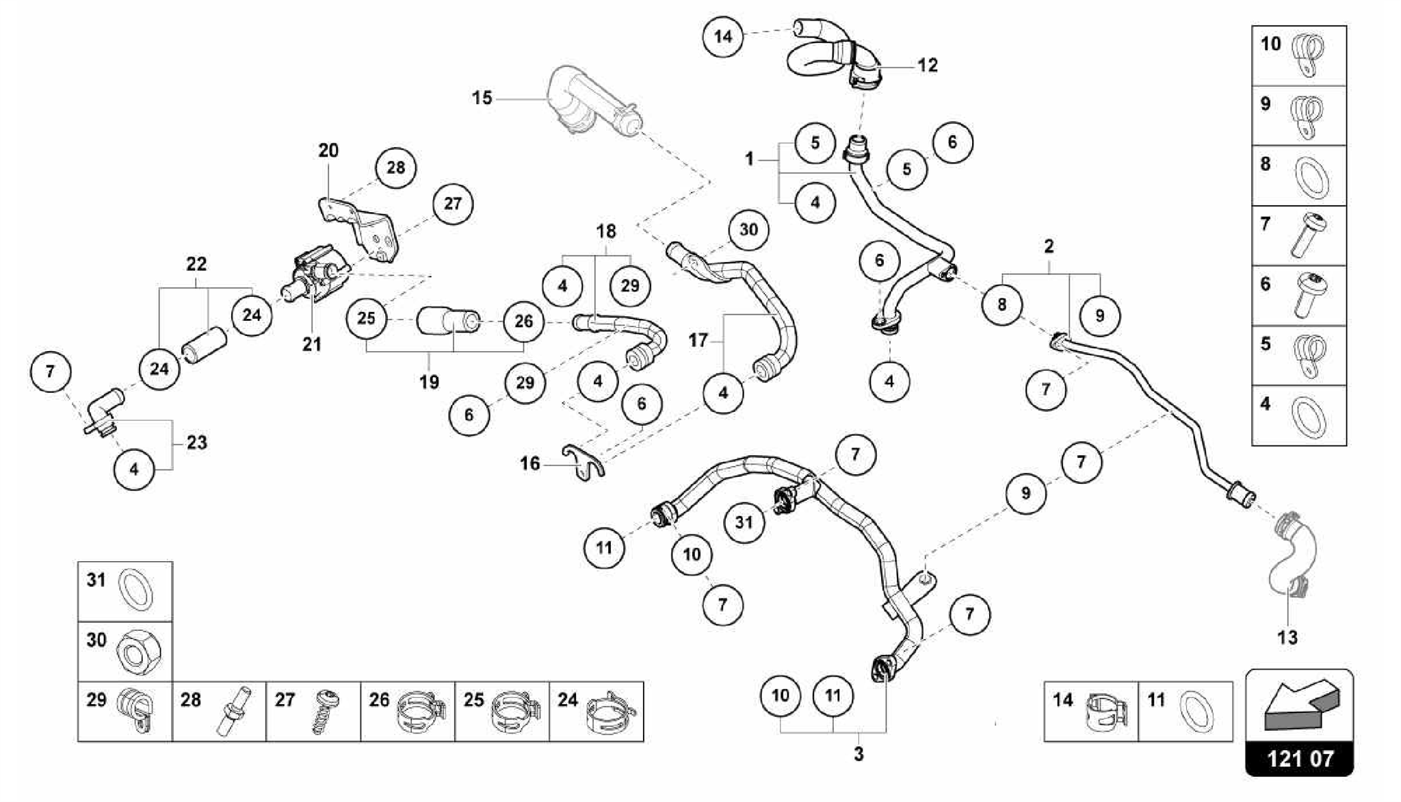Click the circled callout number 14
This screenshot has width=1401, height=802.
point(723,36)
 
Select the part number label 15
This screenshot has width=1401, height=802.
point(482,99)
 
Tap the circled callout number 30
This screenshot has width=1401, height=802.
point(748,230)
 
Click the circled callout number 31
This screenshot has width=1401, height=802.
point(744,523)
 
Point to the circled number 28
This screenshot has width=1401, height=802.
point(395,168)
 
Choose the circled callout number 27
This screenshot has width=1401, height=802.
point(452,204)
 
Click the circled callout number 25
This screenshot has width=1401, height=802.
point(366,318)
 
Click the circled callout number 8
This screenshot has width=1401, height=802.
point(1001,305)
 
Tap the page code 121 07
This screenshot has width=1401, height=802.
point(1300,758)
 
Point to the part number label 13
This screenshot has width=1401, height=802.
point(1287,638)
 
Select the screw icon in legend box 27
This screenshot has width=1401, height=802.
point(322,712)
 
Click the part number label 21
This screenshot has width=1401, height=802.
point(312,344)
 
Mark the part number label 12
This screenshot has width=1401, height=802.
point(927,66)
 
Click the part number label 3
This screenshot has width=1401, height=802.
point(859,755)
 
